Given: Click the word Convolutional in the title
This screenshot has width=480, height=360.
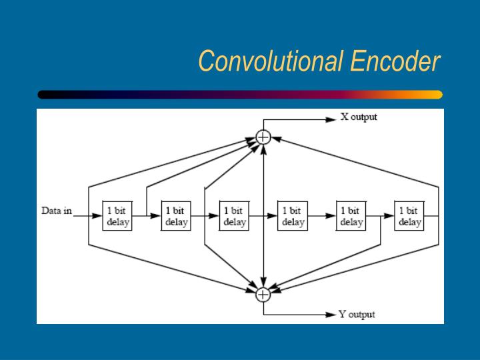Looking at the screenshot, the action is click(x=271, y=61).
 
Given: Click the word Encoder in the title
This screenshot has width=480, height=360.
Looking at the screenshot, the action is click(x=395, y=61).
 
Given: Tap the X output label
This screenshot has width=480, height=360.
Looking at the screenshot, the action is click(x=359, y=117).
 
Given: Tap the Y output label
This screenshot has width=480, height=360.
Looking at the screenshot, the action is click(x=357, y=315).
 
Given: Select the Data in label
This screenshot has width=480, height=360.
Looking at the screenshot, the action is click(x=57, y=211).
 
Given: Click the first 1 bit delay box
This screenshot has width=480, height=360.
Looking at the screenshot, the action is click(x=117, y=216).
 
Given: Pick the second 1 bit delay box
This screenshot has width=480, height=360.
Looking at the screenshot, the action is click(x=176, y=216).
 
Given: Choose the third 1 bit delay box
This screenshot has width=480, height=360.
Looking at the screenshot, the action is click(x=234, y=216).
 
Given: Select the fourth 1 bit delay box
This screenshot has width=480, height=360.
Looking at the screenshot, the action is click(x=293, y=216).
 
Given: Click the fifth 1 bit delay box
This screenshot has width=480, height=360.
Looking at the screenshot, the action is click(x=351, y=216).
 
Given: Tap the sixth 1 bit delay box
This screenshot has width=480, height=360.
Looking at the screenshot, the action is click(x=409, y=216).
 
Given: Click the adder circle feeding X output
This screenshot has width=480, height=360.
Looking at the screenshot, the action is click(x=263, y=137).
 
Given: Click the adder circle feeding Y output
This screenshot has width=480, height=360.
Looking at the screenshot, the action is click(x=263, y=295).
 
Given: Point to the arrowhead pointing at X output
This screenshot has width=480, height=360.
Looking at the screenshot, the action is click(x=331, y=120).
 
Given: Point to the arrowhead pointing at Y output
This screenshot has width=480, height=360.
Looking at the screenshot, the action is click(x=331, y=315).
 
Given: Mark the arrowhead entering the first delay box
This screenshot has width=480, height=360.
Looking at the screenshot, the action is click(x=97, y=216).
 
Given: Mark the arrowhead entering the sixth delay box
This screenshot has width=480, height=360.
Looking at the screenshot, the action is click(x=389, y=216).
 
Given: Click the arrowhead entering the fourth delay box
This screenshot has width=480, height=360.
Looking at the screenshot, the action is click(x=272, y=216).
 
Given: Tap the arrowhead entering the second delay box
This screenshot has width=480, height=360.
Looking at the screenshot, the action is click(x=155, y=216).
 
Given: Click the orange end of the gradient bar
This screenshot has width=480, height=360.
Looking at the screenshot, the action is click(x=436, y=95).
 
